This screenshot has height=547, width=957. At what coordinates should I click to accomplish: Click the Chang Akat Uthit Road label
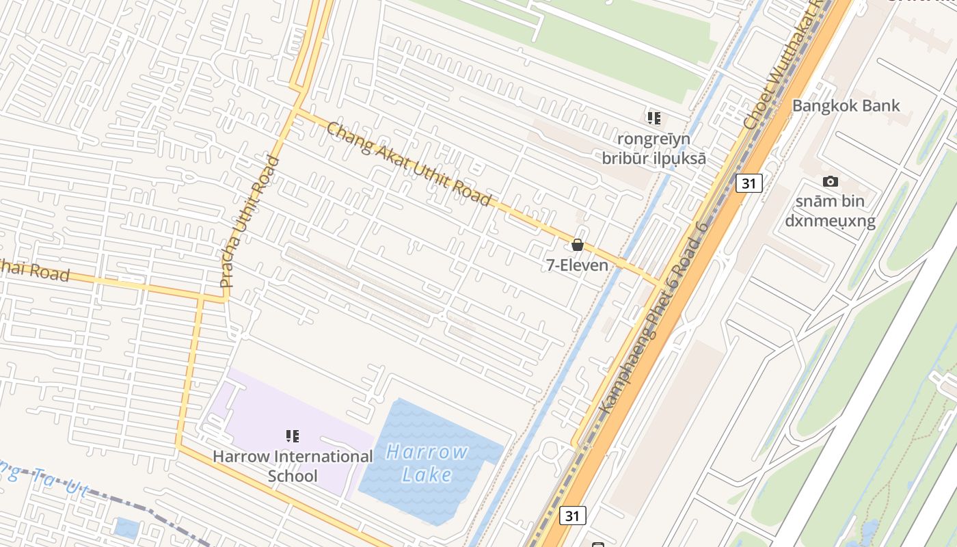coord(409,163)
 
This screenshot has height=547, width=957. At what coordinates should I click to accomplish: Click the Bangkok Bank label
coord(846,106)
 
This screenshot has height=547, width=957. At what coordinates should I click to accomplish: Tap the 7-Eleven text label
coord(577,265)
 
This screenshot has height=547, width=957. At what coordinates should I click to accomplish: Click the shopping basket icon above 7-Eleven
coord(578,245)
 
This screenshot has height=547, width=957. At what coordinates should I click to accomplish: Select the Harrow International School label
coord(293,466)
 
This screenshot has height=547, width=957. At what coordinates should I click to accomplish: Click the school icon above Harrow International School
coord(293,436)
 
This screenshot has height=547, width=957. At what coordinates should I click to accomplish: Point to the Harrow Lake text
coord(427,463)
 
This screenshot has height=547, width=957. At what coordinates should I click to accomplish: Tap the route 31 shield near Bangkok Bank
coord(749,183)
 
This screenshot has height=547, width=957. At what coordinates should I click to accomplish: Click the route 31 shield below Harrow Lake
coord(572,515)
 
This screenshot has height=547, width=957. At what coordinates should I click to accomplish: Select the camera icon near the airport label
coord(831,181)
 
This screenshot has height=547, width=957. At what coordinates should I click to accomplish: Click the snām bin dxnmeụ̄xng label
coord(830,211)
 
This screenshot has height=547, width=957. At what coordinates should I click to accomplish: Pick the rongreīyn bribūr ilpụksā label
coord(653,148)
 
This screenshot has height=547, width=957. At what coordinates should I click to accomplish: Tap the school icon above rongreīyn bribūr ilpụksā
coord(654,118)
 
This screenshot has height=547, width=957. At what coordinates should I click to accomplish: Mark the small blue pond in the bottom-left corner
coord(127,528)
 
